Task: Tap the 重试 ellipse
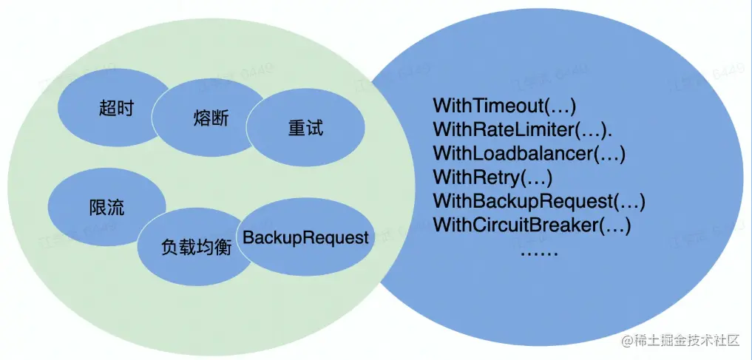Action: click(305, 128)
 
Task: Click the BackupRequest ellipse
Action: click(305, 238)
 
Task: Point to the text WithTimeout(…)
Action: click(504, 106)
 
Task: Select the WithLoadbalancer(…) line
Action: click(529, 154)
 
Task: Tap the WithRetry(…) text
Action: click(492, 177)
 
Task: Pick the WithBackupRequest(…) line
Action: click(539, 200)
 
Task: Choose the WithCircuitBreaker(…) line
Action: click(532, 224)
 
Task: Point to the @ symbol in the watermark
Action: click(628, 340)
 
